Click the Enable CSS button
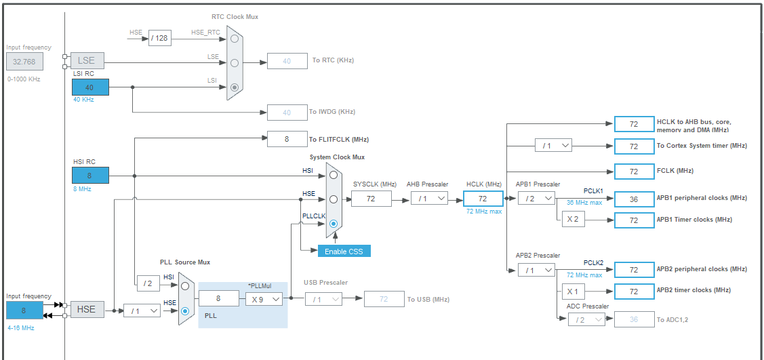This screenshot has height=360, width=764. coord(344,251)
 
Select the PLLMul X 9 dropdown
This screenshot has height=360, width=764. coord(264,298)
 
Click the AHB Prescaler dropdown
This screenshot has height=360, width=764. coord(429,198)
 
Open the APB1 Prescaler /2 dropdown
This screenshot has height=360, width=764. coord(536,198)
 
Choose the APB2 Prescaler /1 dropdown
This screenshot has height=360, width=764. coord(536,269)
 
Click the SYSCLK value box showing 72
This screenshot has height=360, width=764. coord(371,198)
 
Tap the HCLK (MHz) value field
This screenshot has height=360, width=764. coord(483,198)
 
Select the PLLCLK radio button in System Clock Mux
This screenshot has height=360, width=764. coord(334,224)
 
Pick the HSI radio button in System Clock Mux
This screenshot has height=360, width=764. coord(334,175)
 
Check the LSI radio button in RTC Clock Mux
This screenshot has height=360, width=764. coord(235,87)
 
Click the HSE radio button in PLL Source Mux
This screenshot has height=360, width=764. coord(185,311)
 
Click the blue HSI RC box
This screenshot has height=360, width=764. coord(90,176)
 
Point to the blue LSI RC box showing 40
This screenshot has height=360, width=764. coord(90,87)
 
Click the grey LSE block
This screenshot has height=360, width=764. coord(87,61)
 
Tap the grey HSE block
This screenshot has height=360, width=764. coord(87,309)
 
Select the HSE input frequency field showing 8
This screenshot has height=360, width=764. coord(24,310)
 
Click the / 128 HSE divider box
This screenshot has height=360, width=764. coord(160,38)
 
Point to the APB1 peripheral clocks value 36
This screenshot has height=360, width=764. coord(634,199)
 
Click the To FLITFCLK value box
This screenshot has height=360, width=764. coord(287,139)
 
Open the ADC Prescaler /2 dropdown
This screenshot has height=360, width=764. coord(586,319)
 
